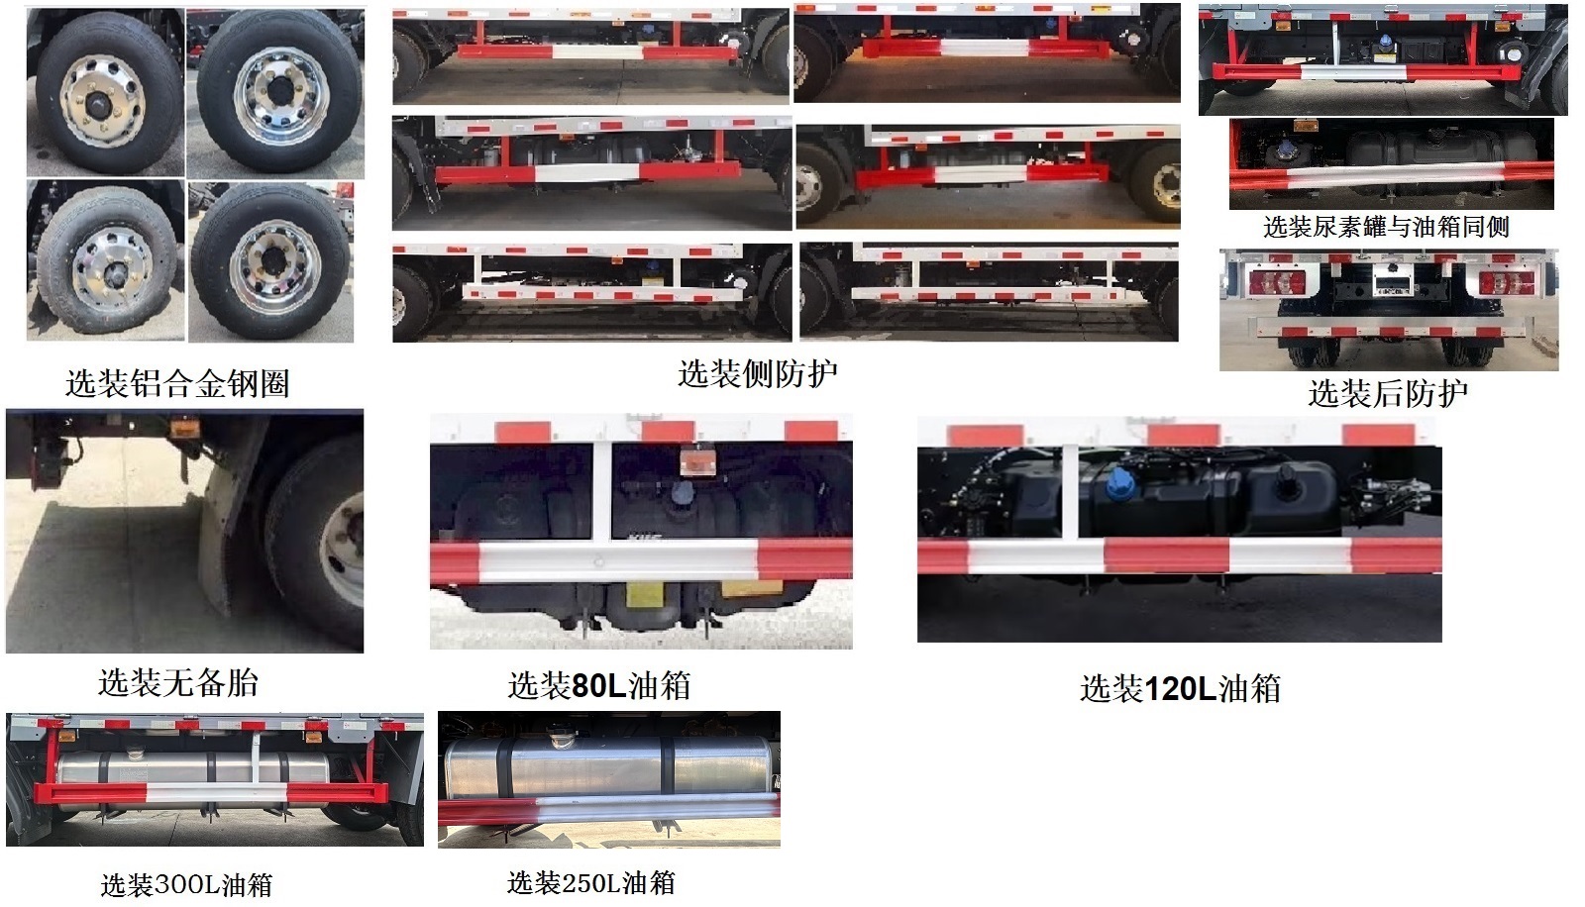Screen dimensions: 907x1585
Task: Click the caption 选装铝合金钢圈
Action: [177, 383]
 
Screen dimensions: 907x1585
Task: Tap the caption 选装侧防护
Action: [758, 373]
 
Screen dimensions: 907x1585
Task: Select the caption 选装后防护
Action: [1387, 393]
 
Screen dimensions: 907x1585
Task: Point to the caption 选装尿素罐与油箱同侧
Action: [1386, 227]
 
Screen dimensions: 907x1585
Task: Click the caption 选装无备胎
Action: [178, 681]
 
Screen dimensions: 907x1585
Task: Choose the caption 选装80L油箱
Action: [599, 684]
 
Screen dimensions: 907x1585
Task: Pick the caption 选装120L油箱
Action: [1180, 688]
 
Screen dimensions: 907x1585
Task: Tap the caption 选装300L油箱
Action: [186, 884]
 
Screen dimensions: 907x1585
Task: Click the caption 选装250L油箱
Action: [591, 882]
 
